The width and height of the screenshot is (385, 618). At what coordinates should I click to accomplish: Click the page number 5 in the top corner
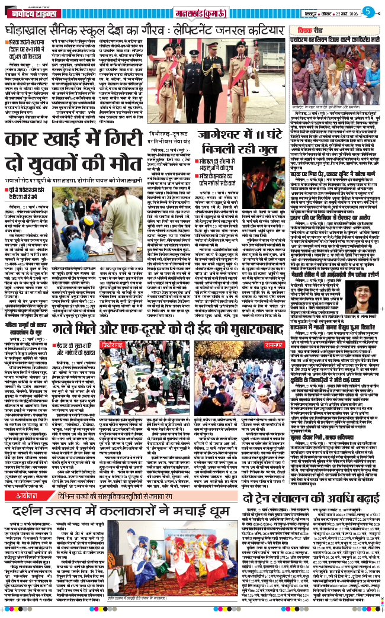[368, 11]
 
